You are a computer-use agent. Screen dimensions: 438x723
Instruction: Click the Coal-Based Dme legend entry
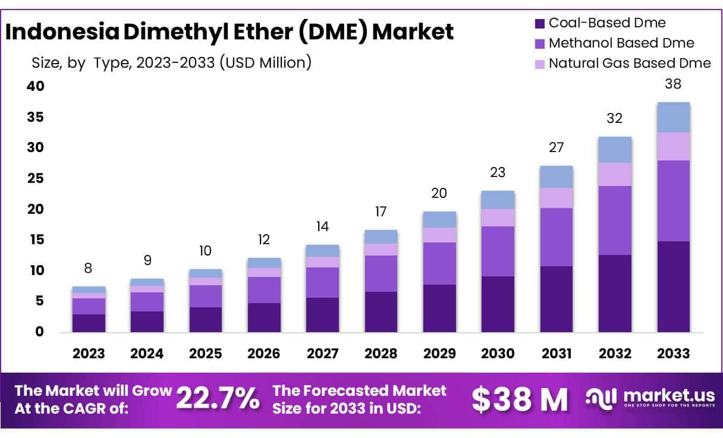(x=606, y=23)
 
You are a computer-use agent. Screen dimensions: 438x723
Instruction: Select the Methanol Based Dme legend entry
(x=621, y=43)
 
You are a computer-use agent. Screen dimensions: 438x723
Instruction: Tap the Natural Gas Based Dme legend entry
(x=629, y=63)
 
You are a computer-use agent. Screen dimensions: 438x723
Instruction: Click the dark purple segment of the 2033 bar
(x=673, y=286)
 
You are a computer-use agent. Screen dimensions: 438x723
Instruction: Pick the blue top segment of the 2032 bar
(x=615, y=150)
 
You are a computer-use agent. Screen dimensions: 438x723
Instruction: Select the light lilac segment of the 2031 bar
(x=556, y=198)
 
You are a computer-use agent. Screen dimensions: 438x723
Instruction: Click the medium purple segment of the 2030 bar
(x=498, y=251)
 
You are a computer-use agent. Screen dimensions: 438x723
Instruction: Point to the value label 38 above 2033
(x=673, y=84)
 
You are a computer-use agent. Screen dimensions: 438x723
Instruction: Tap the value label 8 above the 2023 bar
(x=88, y=268)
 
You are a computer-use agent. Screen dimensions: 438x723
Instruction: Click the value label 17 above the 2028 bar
(x=381, y=212)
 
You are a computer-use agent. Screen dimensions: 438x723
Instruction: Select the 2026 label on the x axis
(x=263, y=353)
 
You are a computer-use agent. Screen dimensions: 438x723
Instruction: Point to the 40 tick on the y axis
(x=35, y=86)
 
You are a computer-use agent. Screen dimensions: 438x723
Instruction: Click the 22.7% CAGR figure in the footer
(x=218, y=399)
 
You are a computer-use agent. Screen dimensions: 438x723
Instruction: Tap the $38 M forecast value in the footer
(x=520, y=399)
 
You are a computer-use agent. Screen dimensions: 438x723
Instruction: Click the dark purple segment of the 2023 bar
(x=88, y=323)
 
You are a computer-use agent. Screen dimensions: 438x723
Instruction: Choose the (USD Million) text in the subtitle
(x=265, y=62)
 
